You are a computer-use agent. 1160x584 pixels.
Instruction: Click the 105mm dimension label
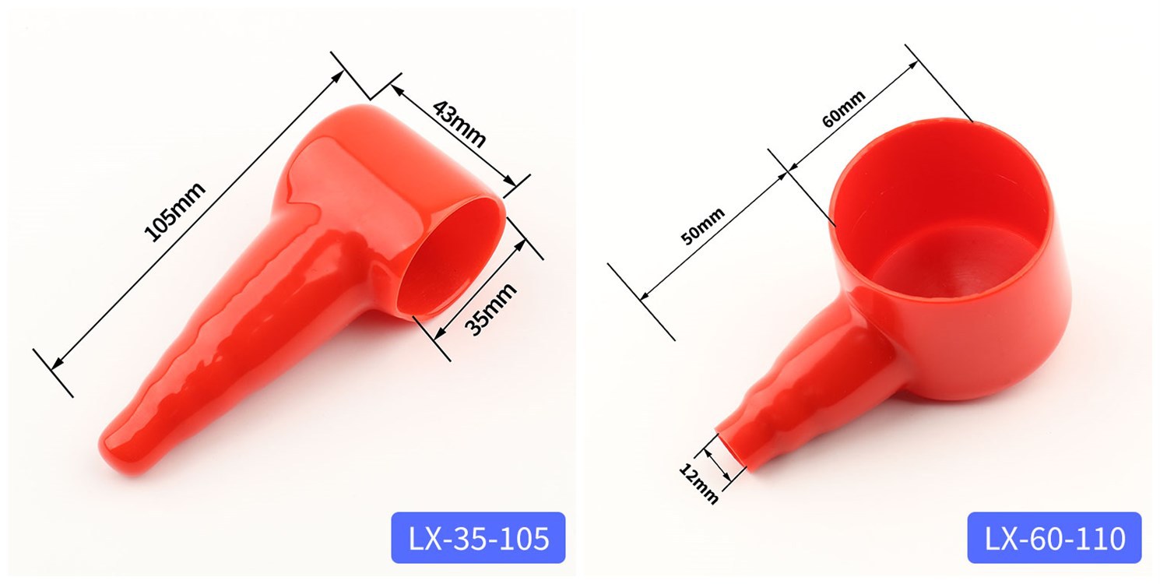pyautogui.click(x=174, y=212)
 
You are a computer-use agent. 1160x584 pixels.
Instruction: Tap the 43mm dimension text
pyautogui.click(x=459, y=124)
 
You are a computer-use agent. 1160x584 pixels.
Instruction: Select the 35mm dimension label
pyautogui.click(x=490, y=308)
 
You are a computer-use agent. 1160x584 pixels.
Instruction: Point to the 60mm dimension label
pyautogui.click(x=844, y=109)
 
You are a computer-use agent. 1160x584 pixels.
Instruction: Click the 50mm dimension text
pyautogui.click(x=702, y=227)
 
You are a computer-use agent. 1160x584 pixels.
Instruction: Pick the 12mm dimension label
pyautogui.click(x=698, y=484)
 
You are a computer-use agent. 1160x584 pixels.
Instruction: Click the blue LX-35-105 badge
pyautogui.click(x=478, y=537)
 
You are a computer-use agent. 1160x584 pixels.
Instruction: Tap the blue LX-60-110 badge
pyautogui.click(x=1054, y=537)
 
